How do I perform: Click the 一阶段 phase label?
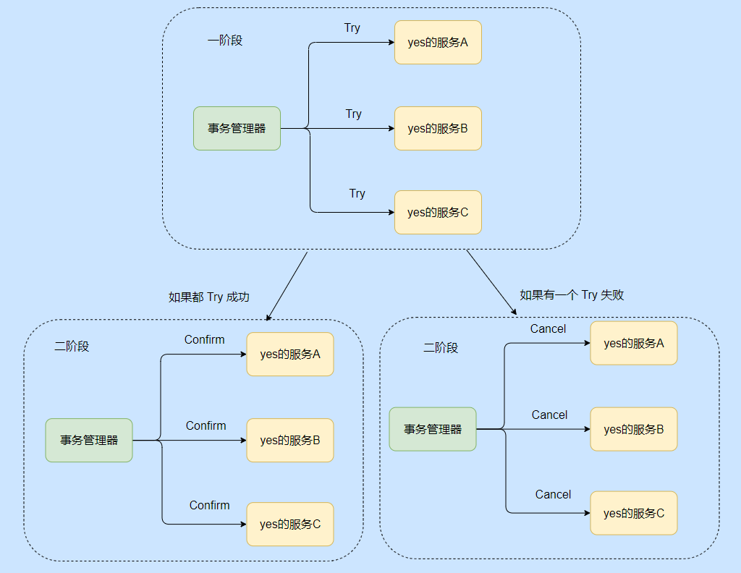(225, 41)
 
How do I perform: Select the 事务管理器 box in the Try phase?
(237, 129)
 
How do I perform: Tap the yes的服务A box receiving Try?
(438, 43)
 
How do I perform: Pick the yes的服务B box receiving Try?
(438, 129)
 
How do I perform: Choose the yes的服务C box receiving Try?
(438, 213)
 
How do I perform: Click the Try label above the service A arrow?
(352, 28)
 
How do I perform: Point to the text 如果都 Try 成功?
(209, 297)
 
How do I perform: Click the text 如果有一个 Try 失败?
(572, 294)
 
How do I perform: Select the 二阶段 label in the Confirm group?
(72, 347)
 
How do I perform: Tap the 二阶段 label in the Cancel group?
(441, 347)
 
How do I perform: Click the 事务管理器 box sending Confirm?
(89, 440)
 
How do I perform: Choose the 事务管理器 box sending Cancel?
(433, 429)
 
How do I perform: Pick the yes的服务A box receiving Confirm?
(290, 355)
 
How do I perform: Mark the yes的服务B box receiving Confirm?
(290, 440)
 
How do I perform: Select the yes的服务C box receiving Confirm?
(290, 524)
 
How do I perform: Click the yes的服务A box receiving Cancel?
(634, 343)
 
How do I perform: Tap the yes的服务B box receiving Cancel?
(634, 429)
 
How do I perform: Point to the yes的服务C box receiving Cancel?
(634, 513)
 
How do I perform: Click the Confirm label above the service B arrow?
(206, 425)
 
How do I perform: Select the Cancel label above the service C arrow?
(554, 494)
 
